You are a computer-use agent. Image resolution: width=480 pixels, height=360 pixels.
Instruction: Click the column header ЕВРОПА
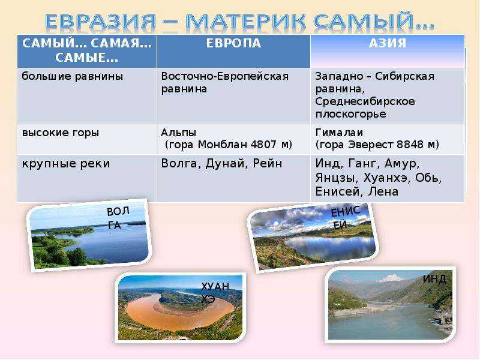point(233,43)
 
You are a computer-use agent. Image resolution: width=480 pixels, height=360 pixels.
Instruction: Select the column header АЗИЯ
point(388,43)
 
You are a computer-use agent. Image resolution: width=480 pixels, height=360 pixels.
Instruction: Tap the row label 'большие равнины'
point(72,76)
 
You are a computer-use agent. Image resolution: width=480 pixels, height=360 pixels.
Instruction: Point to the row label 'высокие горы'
point(61,133)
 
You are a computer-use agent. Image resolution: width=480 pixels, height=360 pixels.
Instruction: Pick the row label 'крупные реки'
point(66,163)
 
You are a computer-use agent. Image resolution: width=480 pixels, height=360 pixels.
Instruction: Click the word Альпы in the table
point(178,133)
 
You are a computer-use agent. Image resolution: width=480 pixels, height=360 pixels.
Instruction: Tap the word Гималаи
point(339,133)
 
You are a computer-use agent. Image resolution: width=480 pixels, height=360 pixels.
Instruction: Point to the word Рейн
point(267,163)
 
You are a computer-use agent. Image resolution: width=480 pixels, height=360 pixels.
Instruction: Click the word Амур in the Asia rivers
point(402,164)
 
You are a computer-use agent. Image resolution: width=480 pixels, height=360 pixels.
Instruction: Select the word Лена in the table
point(383,191)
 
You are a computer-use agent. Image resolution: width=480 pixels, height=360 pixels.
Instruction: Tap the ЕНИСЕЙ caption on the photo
point(345,217)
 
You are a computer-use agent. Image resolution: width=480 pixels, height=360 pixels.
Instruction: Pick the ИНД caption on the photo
point(434,279)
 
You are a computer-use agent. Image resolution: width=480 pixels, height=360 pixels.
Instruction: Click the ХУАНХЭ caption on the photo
point(215,292)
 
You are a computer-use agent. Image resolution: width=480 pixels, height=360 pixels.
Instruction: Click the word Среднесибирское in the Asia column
point(365,101)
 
